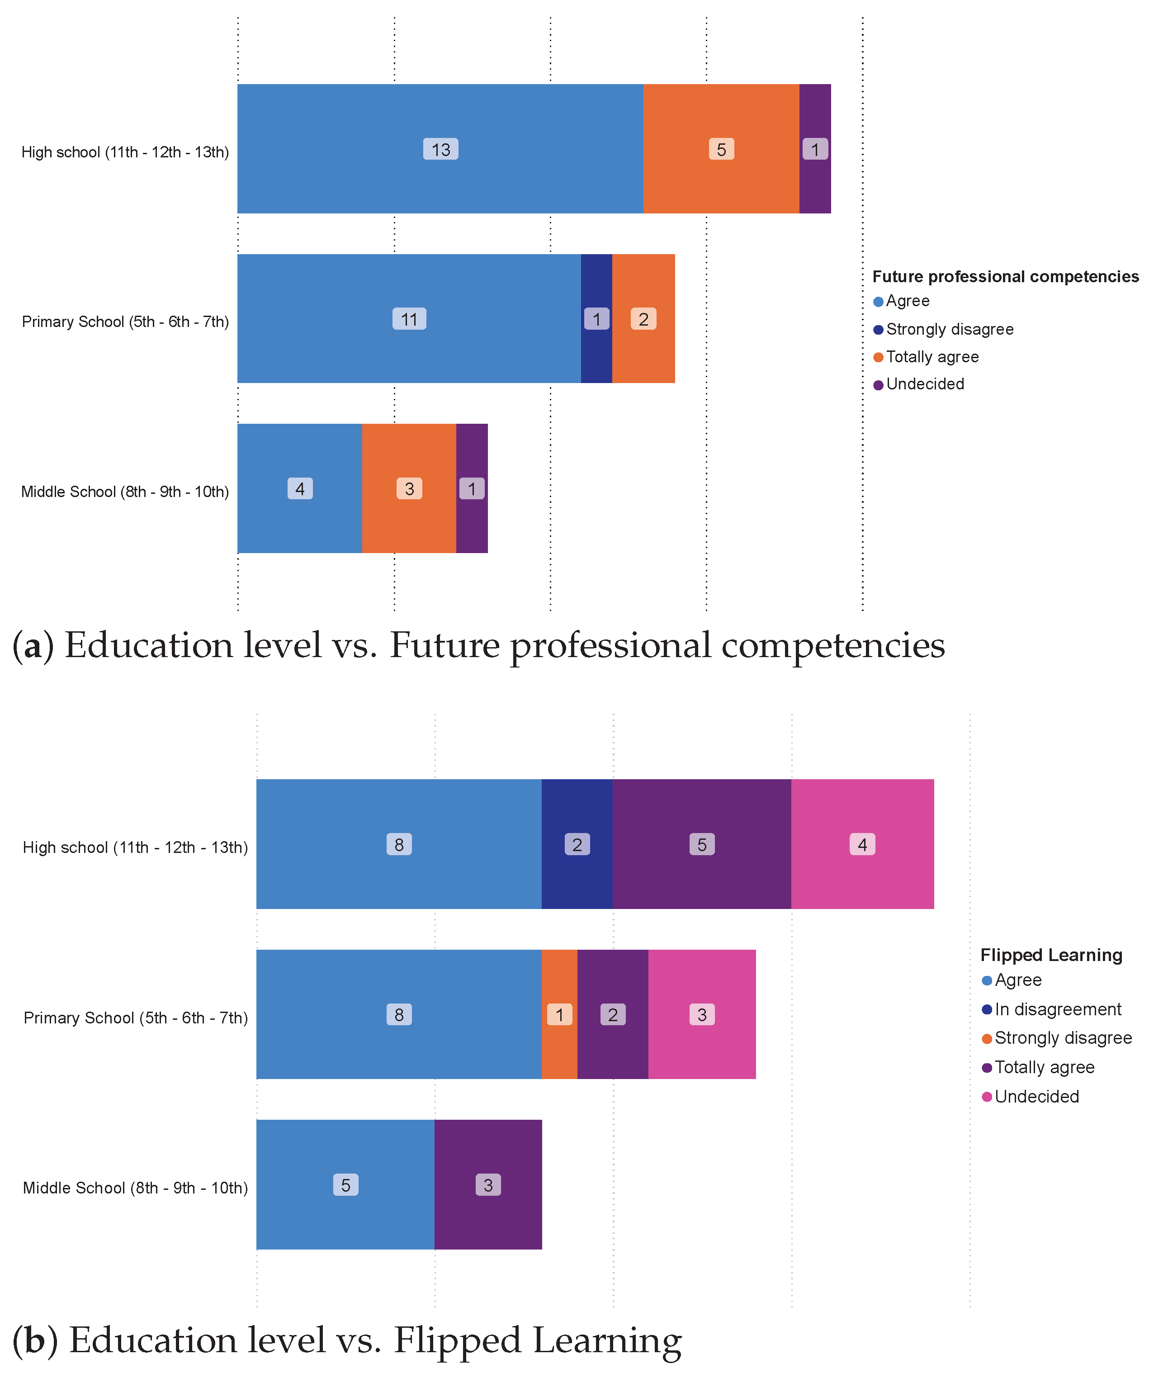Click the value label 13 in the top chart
pyautogui.click(x=440, y=150)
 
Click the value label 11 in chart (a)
pyautogui.click(x=409, y=319)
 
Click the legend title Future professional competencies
pyautogui.click(x=1005, y=277)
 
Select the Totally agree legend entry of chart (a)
pyautogui.click(x=931, y=357)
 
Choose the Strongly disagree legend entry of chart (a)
pyautogui.click(x=949, y=330)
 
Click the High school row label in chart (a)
pyautogui.click(x=125, y=152)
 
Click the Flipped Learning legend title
pyautogui.click(x=1050, y=955)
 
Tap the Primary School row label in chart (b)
pyautogui.click(x=135, y=1018)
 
